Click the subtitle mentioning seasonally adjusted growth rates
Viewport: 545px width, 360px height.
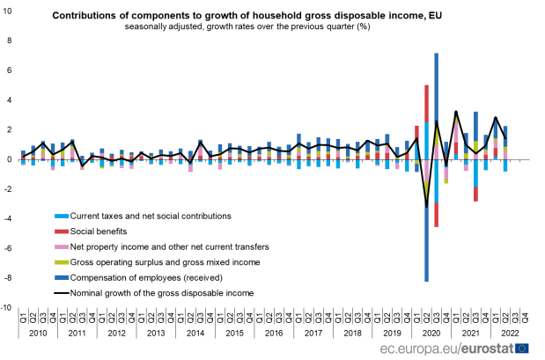point(247,27)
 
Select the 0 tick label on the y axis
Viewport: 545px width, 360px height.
point(9,160)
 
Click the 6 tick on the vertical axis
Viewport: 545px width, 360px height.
point(9,70)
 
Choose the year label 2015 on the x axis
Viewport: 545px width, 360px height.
point(233,334)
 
